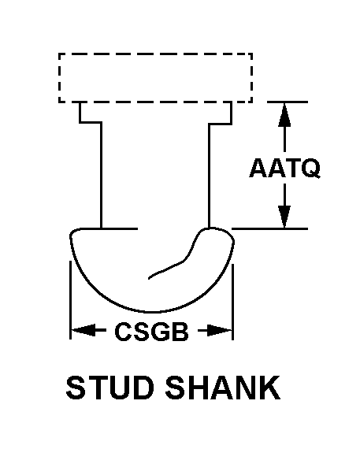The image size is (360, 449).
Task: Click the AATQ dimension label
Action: coord(284,168)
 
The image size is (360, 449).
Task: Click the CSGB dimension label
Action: coord(151,332)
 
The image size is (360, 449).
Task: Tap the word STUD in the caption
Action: coord(110,388)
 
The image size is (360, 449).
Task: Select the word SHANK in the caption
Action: coord(222,388)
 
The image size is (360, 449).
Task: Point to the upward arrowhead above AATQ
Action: coord(284,114)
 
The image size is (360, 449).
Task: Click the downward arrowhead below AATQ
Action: coord(284,217)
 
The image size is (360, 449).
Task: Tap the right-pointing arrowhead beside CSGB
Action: coord(219,331)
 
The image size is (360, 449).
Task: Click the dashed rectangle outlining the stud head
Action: coord(155,54)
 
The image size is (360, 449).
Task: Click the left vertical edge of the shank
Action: coord(101,175)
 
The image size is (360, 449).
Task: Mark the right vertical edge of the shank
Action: coord(209,176)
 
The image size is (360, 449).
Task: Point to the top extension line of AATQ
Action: coord(288,102)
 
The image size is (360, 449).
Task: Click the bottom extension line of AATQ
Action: coord(269,228)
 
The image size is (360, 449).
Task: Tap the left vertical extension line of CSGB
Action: coord(70,300)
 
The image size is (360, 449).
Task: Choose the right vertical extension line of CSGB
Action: coord(232,302)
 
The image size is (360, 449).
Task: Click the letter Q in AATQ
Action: coord(311,169)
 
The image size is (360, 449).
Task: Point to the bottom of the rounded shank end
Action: coord(152,312)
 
